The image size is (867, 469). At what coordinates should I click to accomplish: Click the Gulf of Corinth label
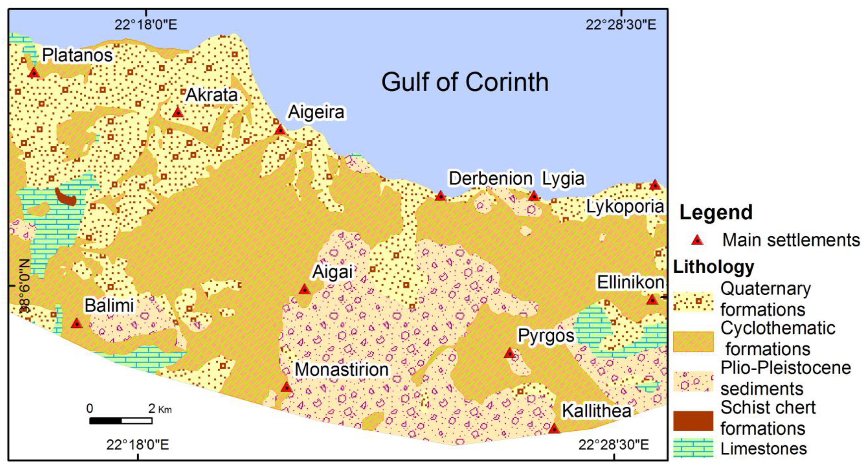(465, 82)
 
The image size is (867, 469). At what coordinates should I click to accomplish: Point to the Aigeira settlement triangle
(280, 129)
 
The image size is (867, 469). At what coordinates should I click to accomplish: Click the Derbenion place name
(490, 178)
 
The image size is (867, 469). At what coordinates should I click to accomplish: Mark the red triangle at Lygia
(534, 196)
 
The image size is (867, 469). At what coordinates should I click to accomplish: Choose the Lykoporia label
(625, 207)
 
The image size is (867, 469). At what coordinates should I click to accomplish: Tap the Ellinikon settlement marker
(652, 300)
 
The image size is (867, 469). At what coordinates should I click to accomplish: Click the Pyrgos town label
(546, 335)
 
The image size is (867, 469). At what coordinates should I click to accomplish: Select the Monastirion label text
(342, 370)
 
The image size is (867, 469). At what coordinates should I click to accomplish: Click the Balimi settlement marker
(77, 323)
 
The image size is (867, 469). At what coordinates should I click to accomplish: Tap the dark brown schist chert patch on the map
(66, 198)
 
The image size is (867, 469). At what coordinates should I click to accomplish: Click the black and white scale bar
(121, 421)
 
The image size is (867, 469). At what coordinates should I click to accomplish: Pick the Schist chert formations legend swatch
(693, 421)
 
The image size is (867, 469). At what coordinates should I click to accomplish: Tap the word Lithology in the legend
(713, 267)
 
